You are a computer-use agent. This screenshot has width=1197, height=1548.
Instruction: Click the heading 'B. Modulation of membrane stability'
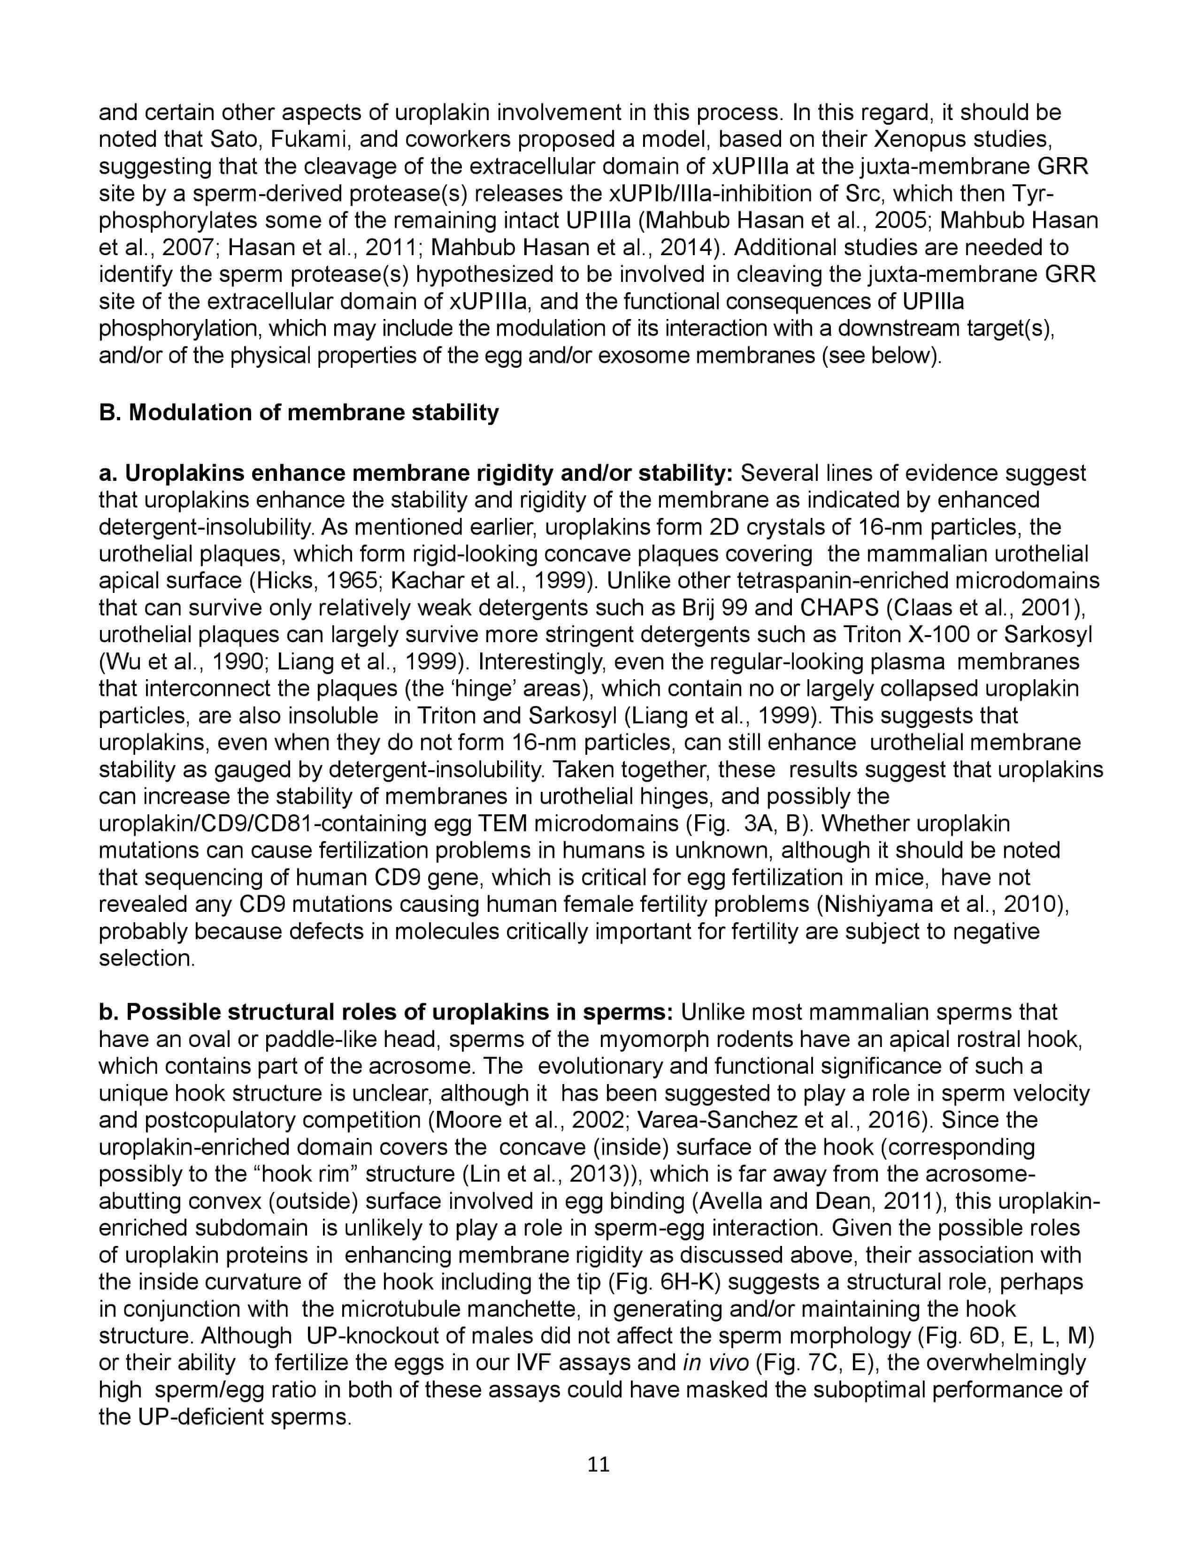299,412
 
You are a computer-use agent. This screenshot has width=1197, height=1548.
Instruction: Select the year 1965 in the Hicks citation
351,581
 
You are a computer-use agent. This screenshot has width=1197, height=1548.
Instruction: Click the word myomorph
654,1039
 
